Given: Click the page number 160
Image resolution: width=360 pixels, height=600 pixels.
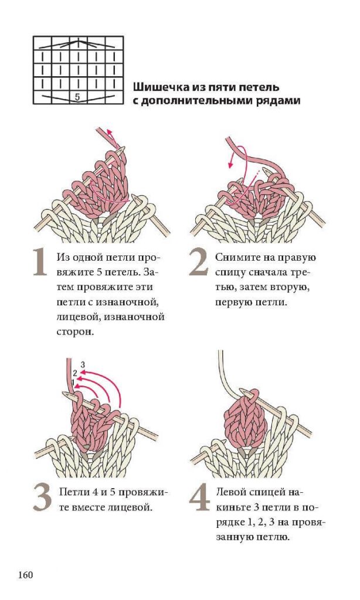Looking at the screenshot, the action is coord(25,575).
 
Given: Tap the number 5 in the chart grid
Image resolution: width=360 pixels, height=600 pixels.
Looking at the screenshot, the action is coord(77,97).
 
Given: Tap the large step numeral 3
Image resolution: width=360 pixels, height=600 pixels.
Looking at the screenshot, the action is coord(42,497).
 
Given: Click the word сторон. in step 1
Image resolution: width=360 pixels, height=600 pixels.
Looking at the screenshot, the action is coord(74,332).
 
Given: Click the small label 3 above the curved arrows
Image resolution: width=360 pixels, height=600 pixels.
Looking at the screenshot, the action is coord(83,364).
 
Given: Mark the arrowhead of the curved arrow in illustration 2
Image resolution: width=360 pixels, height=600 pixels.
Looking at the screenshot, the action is coord(230,165).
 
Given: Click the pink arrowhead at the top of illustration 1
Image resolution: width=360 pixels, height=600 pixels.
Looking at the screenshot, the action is coord(110,132).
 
